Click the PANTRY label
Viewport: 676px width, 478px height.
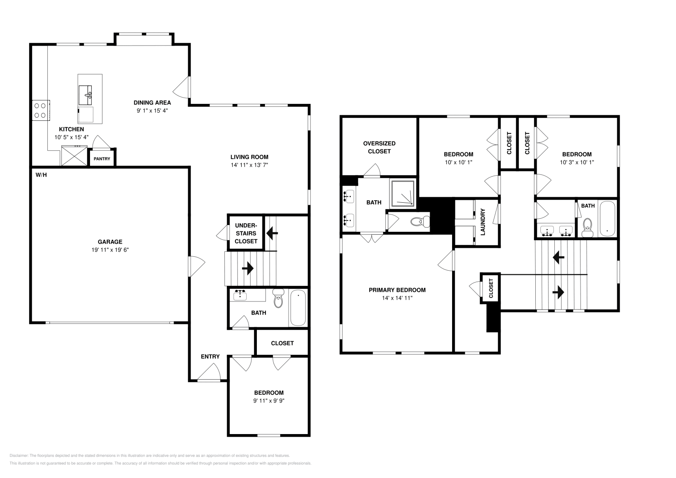click(x=102, y=159)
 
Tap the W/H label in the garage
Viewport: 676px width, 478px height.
click(x=41, y=175)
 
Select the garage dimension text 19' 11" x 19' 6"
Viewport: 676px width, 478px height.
click(x=110, y=250)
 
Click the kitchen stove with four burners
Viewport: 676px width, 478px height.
click(x=41, y=110)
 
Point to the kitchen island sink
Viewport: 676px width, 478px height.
click(x=85, y=95)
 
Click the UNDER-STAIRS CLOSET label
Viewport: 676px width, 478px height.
click(x=246, y=234)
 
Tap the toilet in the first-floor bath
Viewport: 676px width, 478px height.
click(x=278, y=298)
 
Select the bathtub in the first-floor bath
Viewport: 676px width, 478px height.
click(x=298, y=307)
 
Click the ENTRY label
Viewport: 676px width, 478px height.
click(x=210, y=356)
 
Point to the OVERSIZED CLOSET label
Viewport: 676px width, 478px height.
click(x=379, y=147)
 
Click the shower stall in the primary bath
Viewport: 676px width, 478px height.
click(x=403, y=193)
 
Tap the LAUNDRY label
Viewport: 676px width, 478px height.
click(x=483, y=222)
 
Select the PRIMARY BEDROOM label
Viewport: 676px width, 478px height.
click(x=397, y=290)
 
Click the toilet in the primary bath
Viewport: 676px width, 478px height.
click(x=420, y=222)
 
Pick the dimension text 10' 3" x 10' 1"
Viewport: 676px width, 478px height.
click(x=577, y=162)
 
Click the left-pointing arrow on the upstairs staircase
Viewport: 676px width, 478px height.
click(x=559, y=258)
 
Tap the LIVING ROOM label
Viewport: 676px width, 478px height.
click(x=249, y=157)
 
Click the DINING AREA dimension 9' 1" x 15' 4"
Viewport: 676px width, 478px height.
click(x=153, y=110)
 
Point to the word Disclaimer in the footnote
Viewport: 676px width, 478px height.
click(x=19, y=456)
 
